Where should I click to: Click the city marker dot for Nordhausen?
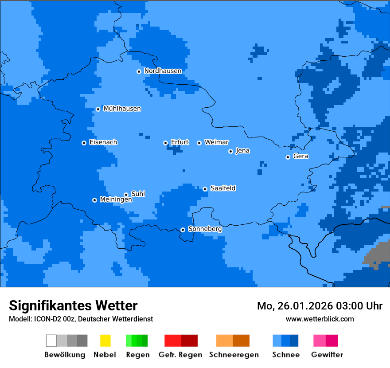pyautogui.click(x=139, y=71)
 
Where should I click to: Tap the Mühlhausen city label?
pyautogui.click(x=122, y=109)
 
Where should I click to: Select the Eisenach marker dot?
pyautogui.click(x=84, y=143)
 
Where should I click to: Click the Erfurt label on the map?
pyautogui.click(x=179, y=142)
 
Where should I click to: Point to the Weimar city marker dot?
pyautogui.click(x=199, y=143)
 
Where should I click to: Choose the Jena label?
pyautogui.click(x=242, y=151)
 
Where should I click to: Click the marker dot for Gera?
pyautogui.click(x=288, y=157)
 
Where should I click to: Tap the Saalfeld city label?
pyautogui.click(x=222, y=188)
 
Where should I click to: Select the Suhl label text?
pyautogui.click(x=138, y=194)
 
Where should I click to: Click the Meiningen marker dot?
pyautogui.click(x=94, y=200)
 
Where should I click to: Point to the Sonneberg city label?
pyautogui.click(x=205, y=229)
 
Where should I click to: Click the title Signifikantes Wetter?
pyautogui.click(x=73, y=305)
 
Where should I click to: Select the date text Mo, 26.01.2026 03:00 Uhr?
pyautogui.click(x=320, y=306)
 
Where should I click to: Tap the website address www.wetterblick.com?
pyautogui.click(x=320, y=319)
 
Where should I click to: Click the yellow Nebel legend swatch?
pyautogui.click(x=105, y=341)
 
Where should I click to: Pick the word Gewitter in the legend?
pyautogui.click(x=327, y=355)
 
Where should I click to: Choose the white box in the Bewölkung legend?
pyautogui.click(x=51, y=341)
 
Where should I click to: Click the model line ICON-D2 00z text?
pyautogui.click(x=81, y=319)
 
